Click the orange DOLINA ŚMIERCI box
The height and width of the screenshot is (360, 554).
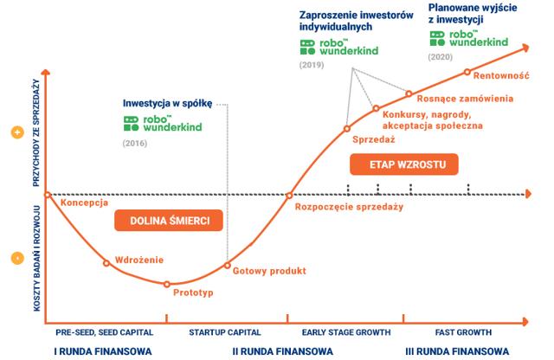coord(169,221)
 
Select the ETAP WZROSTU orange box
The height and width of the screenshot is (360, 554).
coord(404,164)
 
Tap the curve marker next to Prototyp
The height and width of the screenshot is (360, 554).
coord(167,284)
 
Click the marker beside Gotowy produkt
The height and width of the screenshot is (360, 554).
coord(227,266)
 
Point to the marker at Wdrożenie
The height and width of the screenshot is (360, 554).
coord(106,263)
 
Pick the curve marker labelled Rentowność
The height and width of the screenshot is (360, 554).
coord(467,72)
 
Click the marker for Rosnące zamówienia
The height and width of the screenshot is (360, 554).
coord(409,93)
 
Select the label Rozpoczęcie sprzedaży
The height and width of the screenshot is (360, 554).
coord(349,207)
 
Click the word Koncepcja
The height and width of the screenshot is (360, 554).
coord(84,202)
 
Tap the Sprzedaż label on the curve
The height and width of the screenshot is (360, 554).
coord(373,139)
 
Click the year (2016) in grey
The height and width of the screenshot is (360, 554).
coord(135,143)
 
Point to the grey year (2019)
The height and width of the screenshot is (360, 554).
coord(312,65)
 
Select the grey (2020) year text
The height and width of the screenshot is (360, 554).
coord(441,57)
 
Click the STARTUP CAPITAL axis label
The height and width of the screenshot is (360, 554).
coord(225,332)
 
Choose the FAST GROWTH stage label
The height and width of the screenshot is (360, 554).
coord(463,332)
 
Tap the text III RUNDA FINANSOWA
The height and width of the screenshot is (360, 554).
coord(457,351)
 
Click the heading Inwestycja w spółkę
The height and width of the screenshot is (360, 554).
coord(167,104)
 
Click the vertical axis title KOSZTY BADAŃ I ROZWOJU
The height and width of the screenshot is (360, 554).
coord(37,259)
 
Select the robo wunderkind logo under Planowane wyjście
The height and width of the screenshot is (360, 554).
coord(469,38)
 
